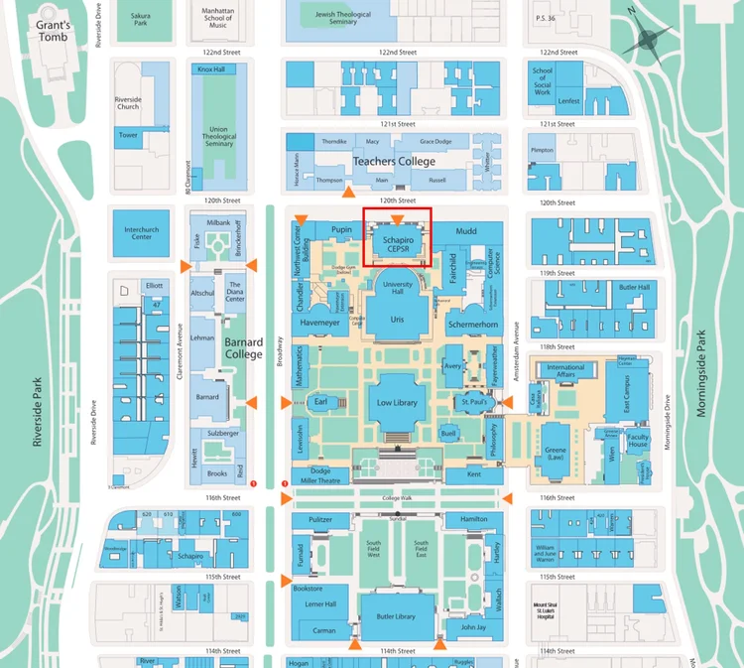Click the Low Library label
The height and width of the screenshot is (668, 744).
tap(398, 403)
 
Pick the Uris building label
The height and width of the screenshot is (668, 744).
tap(398, 320)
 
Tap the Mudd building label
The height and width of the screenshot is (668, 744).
tap(465, 231)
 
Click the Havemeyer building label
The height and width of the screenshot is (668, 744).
tap(319, 323)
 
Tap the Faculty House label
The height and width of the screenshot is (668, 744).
tap(638, 441)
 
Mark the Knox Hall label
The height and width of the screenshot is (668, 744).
tap(211, 69)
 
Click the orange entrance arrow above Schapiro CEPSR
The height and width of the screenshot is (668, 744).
tap(397, 218)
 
